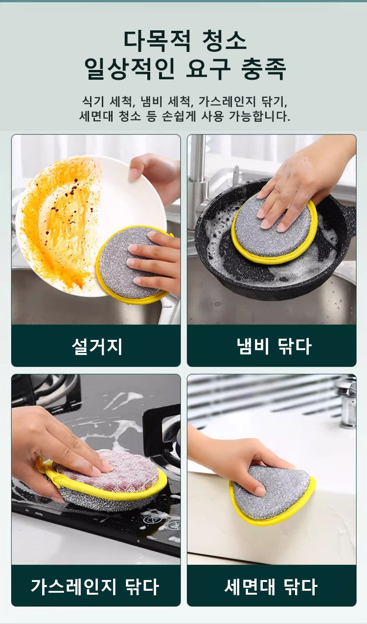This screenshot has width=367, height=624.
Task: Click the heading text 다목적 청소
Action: point(185,41)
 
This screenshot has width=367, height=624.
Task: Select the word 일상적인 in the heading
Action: point(129,69)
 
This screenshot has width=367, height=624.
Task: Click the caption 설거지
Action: point(97,347)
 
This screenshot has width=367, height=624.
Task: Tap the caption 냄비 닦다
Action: point(274,347)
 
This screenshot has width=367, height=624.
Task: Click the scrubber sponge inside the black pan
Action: point(275,230)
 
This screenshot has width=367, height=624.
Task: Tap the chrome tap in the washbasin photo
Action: point(347,401)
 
